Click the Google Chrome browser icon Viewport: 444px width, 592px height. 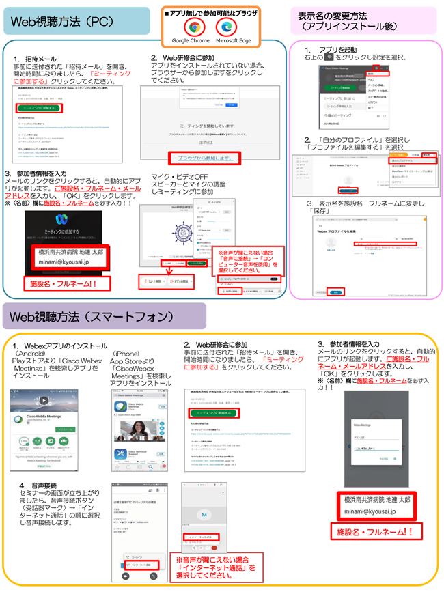pyautogui.click(x=194, y=27)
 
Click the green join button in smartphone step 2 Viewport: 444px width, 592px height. pyautogui.click(x=213, y=413)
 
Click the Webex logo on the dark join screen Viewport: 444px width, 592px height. pyautogui.click(x=61, y=220)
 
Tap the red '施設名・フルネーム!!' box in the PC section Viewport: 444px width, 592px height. pyautogui.click(x=62, y=283)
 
